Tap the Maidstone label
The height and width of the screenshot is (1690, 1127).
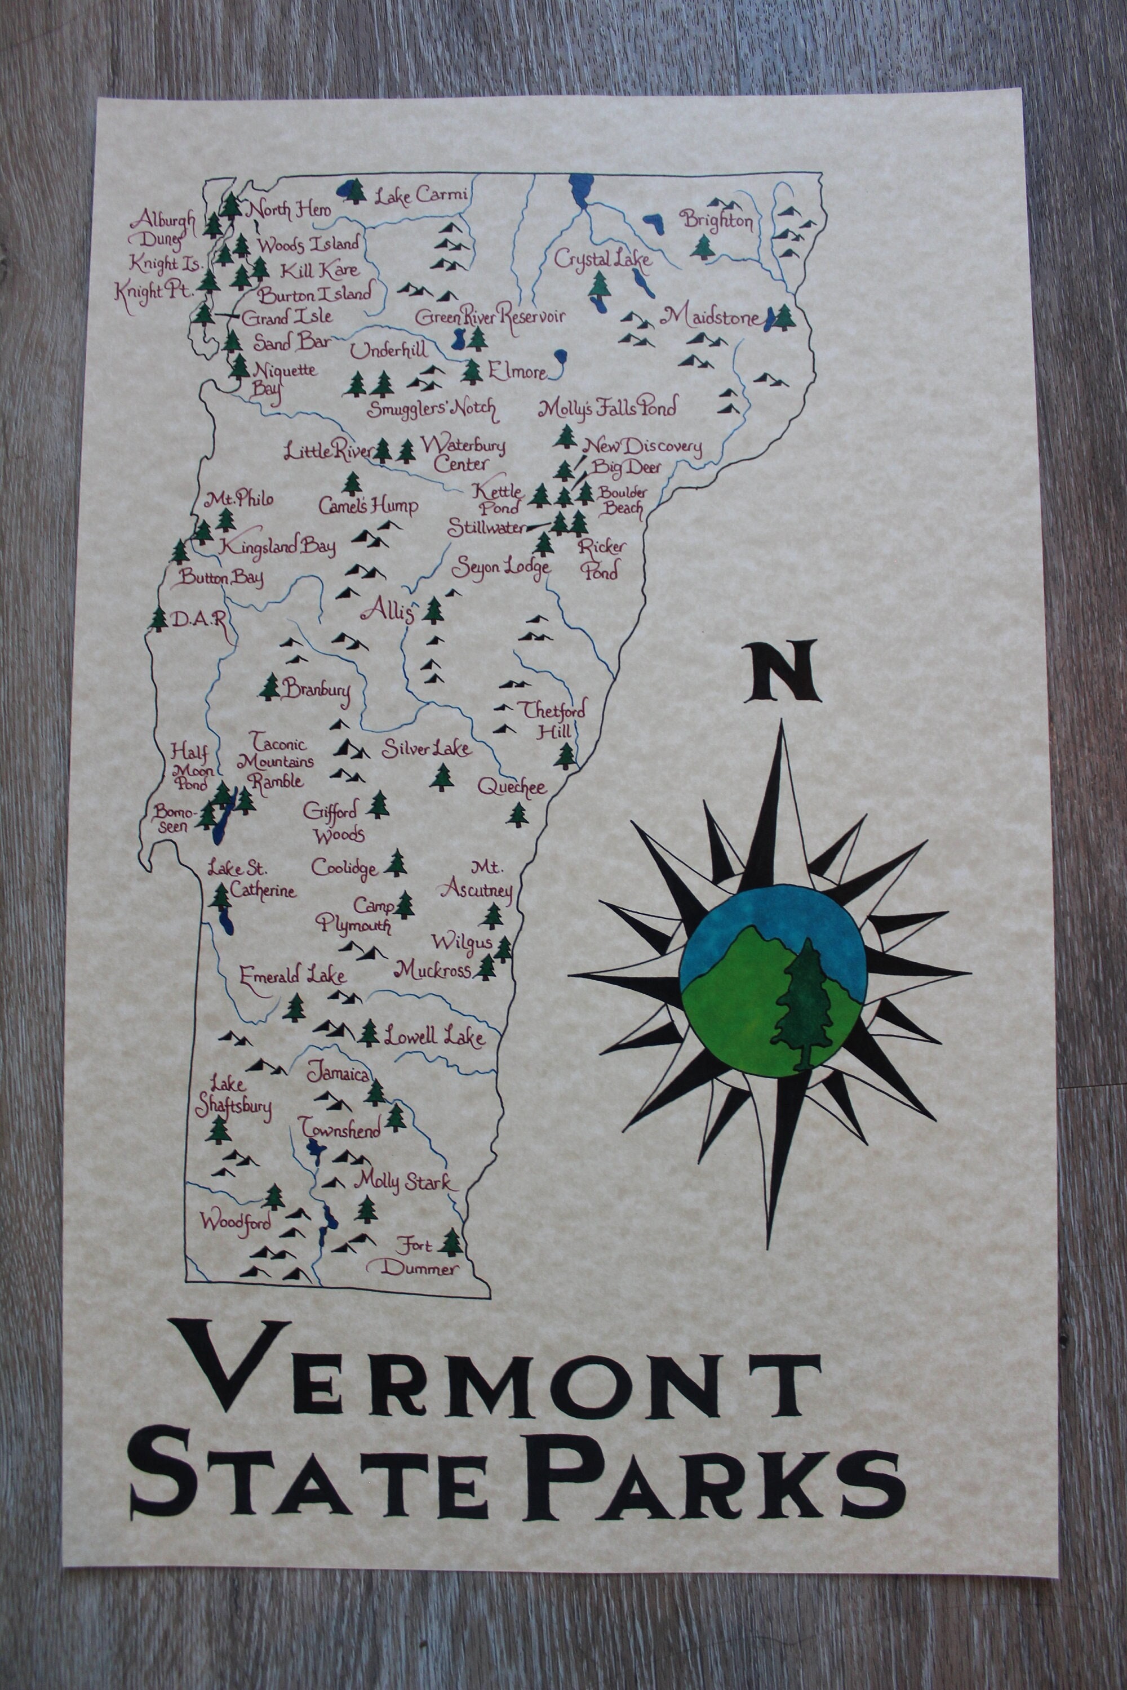712,315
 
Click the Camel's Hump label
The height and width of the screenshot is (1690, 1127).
369,506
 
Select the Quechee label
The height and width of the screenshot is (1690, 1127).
512,787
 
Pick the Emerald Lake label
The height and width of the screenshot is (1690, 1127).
292,975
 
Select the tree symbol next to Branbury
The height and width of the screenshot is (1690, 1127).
270,687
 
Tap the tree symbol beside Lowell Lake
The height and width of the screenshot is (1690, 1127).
369,1033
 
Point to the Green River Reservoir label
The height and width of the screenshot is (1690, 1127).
490,317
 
